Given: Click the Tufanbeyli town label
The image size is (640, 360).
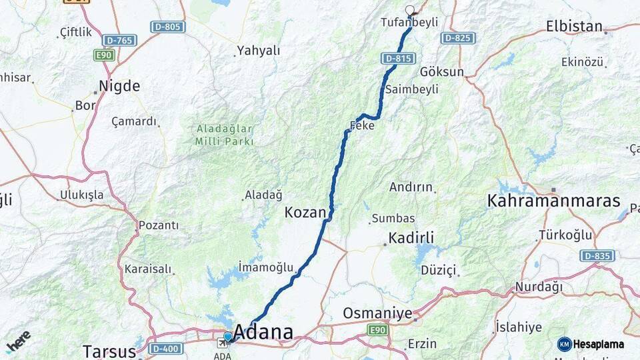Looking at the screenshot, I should coord(409,22).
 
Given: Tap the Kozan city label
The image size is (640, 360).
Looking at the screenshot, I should coord(305,213).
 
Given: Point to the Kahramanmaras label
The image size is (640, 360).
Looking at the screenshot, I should coord(553,201).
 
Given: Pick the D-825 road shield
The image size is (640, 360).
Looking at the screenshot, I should coord(457,37).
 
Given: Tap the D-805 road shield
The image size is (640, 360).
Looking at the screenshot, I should coord(167,27).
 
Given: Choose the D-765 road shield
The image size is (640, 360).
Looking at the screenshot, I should coord(120,40).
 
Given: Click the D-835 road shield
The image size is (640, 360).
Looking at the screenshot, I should coord(597,255).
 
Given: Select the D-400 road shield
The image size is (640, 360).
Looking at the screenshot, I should coord(165,349).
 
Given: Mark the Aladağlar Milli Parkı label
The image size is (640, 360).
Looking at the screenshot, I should coord(224,134).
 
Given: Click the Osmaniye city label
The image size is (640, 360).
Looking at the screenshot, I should coord(377,313).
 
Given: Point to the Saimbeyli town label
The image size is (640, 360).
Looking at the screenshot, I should coord(421,89).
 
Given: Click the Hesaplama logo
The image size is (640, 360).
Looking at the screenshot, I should coord(591,344).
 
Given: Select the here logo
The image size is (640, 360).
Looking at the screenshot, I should coord(18,341).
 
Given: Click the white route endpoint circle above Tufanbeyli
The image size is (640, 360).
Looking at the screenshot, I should coord(409,11).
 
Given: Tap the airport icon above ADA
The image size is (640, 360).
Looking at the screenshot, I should coord(222,343).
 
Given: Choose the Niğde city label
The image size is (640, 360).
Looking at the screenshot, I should coord(119,85).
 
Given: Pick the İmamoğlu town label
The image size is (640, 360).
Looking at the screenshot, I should coord(265,267).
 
